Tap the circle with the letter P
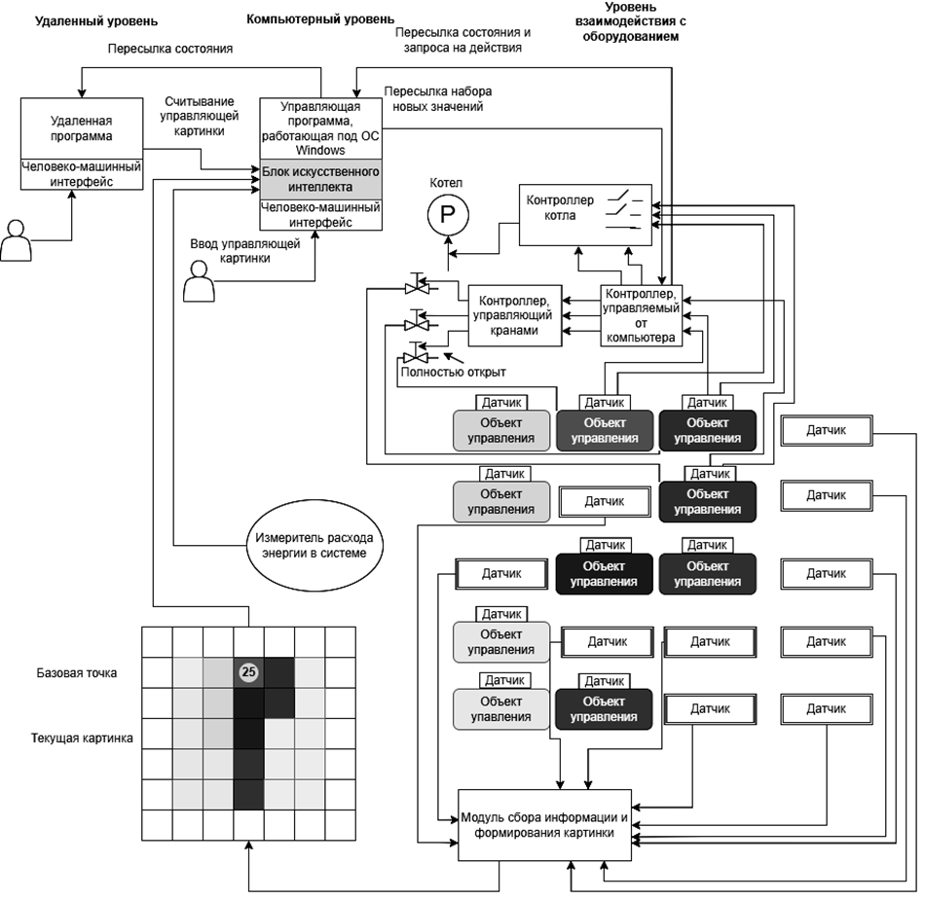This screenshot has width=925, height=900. pyautogui.click(x=449, y=214)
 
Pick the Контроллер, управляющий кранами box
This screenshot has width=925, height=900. pyautogui.click(x=517, y=315)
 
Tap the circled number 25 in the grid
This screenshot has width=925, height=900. pyautogui.click(x=248, y=671)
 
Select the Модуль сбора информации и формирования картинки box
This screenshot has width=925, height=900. pyautogui.click(x=545, y=824)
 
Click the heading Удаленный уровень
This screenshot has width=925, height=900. pyautogui.click(x=82, y=20)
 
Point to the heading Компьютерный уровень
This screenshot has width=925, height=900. pyautogui.click(x=320, y=18)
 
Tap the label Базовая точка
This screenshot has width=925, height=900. pyautogui.click(x=77, y=672)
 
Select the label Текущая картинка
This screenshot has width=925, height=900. pyautogui.click(x=82, y=738)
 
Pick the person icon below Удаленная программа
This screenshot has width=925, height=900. pyautogui.click(x=16, y=239)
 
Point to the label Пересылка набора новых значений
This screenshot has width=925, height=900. pyautogui.click(x=437, y=98)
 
